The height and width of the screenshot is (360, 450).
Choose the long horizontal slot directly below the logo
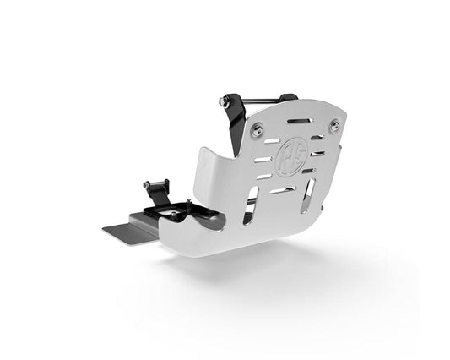click(285, 190)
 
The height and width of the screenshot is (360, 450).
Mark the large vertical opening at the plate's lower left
click(252, 210)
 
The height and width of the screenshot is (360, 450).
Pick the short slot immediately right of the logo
click(317, 154)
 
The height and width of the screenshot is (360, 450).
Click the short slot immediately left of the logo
click(263, 159)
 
